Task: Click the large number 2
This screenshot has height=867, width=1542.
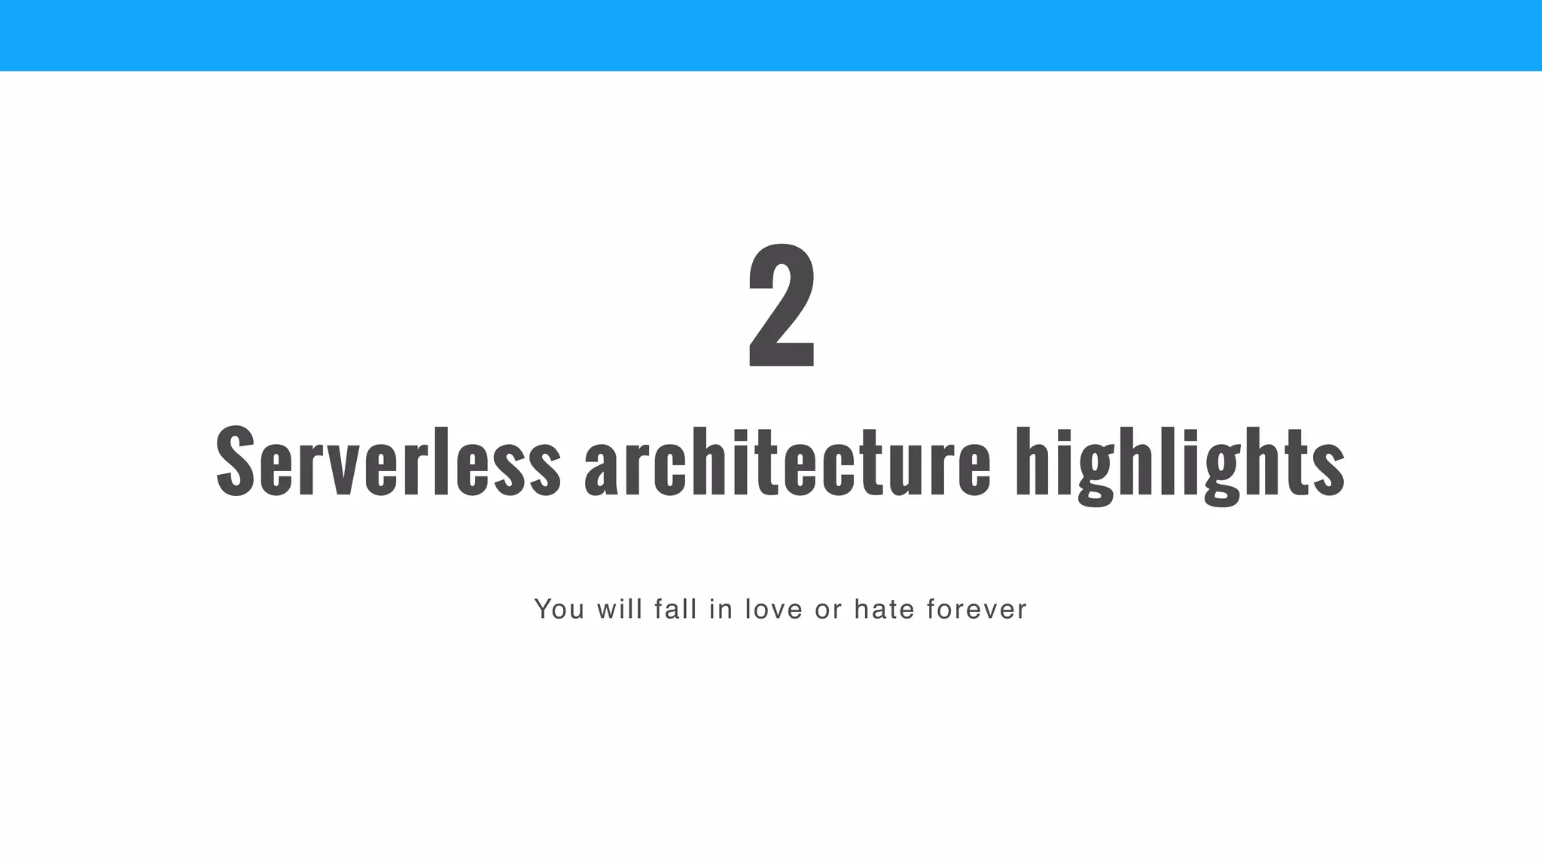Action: pos(782,306)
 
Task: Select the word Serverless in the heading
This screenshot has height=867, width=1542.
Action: pos(388,461)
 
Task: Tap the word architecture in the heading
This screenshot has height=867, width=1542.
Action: pos(787,461)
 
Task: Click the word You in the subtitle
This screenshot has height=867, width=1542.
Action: pos(559,609)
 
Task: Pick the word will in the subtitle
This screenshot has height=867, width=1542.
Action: pos(620,609)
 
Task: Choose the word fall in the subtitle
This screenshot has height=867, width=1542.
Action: pos(676,609)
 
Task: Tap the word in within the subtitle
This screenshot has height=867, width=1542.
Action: pos(721,609)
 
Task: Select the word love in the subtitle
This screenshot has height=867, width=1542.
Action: pos(774,609)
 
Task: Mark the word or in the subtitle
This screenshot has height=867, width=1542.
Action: pos(828,610)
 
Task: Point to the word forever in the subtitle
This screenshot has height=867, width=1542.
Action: pos(977,609)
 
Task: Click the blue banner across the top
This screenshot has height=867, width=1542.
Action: pos(771,35)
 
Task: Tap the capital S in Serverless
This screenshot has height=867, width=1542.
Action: pos(235,461)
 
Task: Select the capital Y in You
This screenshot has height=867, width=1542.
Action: pos(543,609)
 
